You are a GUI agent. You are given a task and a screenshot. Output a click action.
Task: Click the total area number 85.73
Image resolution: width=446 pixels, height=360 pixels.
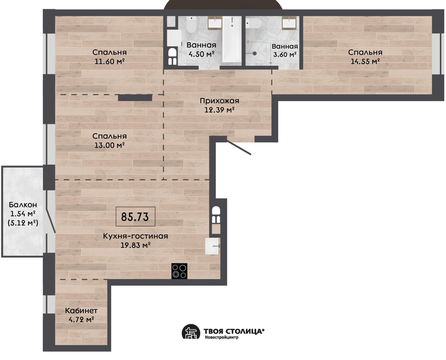(135, 217)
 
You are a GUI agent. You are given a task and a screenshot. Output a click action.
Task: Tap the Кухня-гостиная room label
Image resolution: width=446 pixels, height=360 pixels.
(136, 236)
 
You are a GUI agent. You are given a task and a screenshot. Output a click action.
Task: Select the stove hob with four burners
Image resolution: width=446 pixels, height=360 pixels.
(179, 271)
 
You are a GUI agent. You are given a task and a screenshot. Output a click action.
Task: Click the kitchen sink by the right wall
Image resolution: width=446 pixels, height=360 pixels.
(212, 246)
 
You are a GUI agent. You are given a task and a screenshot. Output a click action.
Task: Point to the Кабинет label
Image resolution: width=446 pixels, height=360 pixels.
(81, 311)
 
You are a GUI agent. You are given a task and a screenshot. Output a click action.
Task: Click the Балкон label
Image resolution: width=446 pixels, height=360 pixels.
(23, 205)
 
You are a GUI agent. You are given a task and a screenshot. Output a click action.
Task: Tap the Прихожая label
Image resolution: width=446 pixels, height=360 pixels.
(219, 101)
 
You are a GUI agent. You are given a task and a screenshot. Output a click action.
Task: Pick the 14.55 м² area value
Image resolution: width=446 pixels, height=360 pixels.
(365, 61)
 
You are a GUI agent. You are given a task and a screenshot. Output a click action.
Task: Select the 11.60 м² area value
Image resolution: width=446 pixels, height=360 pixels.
(110, 61)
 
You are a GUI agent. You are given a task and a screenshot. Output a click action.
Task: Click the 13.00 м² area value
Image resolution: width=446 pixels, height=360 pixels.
(110, 145)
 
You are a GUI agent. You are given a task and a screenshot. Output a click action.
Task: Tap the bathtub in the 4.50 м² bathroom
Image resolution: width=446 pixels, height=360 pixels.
(232, 39)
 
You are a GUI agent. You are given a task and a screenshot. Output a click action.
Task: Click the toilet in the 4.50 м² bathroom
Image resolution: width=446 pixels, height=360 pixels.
(191, 24)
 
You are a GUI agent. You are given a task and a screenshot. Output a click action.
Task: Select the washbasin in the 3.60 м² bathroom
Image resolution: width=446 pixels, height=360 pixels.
(290, 23)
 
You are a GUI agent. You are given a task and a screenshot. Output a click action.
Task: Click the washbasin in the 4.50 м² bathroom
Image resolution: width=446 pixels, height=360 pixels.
(215, 23)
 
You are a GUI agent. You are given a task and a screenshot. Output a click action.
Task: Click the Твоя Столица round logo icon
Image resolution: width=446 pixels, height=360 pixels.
(191, 331)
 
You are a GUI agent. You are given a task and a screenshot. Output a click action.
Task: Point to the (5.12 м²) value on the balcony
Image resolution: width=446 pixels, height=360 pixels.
(23, 223)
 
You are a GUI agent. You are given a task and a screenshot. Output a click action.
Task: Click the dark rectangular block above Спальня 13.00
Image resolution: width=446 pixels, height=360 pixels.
(135, 98)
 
